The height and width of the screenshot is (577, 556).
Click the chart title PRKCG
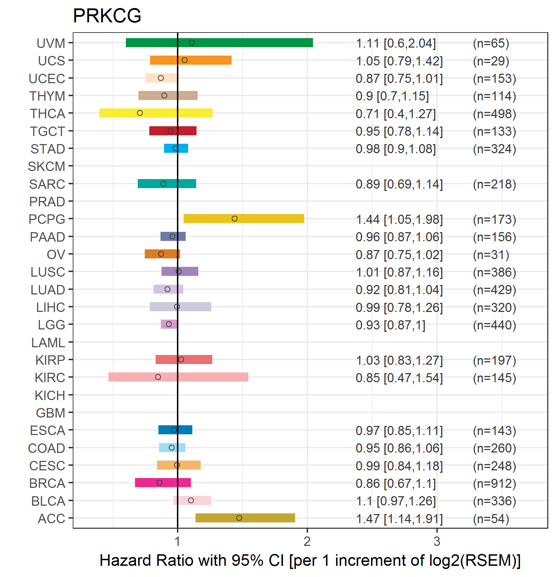(x=107, y=16)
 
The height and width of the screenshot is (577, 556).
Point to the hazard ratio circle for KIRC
(x=158, y=377)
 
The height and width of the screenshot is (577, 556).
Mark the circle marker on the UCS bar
(x=185, y=60)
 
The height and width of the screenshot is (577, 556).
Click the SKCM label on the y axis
(x=47, y=166)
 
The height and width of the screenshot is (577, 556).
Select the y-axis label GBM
(x=50, y=413)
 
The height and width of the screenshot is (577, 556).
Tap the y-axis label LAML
(x=48, y=343)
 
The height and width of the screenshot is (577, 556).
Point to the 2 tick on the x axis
(x=307, y=541)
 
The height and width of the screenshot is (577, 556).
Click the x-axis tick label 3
(x=437, y=541)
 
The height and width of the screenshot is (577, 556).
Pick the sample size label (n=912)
(x=494, y=483)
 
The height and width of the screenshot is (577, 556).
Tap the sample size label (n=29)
(x=491, y=61)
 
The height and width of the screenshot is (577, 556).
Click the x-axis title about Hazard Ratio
(x=310, y=560)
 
